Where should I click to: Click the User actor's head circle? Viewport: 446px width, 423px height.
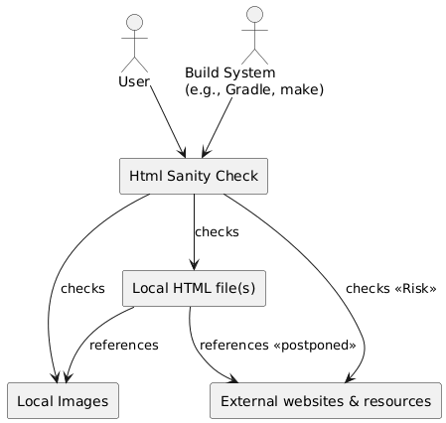pos(133,23)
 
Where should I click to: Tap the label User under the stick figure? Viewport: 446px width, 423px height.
pos(133,80)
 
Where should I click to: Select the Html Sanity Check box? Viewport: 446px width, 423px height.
pos(194,176)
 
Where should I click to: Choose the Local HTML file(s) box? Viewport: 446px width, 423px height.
pos(194,288)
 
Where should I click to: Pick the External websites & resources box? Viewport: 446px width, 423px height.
pos(326,400)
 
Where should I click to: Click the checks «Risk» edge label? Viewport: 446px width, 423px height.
pos(390,289)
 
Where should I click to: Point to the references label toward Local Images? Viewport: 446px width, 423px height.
pos(123,345)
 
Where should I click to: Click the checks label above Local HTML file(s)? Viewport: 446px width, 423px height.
pos(217,231)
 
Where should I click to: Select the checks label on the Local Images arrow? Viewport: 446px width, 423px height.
pos(82,289)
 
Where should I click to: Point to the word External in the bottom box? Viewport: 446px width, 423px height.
pos(251,401)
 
